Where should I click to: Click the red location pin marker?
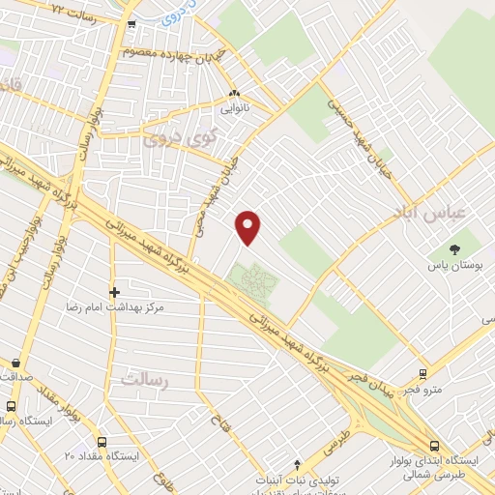coord(249,227)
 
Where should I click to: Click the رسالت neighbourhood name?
coord(145,380)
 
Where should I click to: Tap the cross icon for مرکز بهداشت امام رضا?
coord(115,291)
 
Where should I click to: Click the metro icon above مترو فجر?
coord(422,374)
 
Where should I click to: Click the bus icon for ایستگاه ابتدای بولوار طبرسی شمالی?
coord(434,446)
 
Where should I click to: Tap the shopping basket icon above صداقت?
coord(14,364)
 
